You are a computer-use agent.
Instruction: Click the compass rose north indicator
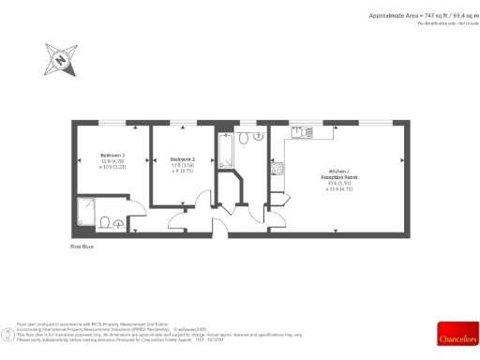(61, 62)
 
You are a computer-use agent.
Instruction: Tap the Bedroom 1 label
(112, 155)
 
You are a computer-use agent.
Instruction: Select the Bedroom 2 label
(181, 159)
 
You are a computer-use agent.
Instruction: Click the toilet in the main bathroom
(243, 138)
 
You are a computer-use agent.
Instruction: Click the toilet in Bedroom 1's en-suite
(111, 221)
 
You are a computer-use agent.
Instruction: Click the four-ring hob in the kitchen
(277, 169)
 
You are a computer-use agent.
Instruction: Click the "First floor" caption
(83, 246)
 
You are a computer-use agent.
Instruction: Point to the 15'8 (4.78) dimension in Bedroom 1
(112, 162)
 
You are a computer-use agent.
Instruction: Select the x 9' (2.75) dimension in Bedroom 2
(181, 172)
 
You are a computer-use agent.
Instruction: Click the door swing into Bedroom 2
(178, 222)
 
